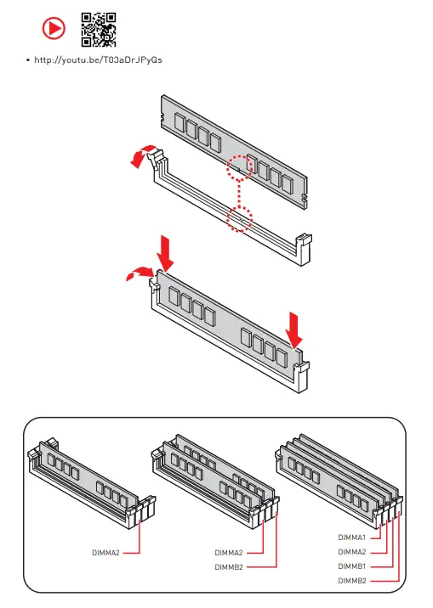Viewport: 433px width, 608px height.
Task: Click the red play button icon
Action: [x=54, y=28]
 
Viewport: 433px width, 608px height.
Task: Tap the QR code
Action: [x=99, y=30]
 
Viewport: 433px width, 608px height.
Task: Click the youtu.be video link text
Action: [x=98, y=59]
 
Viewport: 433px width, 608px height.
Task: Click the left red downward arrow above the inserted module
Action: [x=165, y=254]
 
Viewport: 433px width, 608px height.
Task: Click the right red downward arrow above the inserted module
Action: [x=294, y=331]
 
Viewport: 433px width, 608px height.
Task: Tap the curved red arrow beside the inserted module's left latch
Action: [x=139, y=273]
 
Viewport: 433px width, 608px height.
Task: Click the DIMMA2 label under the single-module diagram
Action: [x=105, y=553]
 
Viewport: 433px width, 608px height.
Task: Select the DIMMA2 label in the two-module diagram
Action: [x=228, y=553]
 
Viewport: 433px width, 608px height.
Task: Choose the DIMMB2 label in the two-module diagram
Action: [x=228, y=567]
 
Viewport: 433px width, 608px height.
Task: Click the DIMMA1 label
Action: [x=352, y=538]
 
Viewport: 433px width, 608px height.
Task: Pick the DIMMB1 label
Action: [x=352, y=566]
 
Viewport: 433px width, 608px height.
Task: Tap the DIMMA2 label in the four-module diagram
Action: [x=352, y=552]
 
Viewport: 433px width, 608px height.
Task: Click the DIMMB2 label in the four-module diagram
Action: [x=352, y=581]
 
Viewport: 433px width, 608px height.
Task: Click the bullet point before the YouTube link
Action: [x=27, y=60]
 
